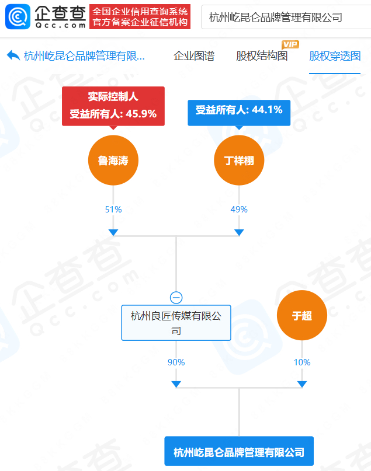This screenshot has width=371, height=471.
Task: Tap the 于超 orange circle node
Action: [302, 316]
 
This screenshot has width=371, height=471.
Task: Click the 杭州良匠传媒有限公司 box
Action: [176, 323]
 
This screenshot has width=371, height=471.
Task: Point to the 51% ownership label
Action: [113, 209]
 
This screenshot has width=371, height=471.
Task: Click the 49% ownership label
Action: [239, 209]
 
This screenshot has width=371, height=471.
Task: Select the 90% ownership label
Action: [176, 362]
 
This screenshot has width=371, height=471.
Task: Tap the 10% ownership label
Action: [302, 362]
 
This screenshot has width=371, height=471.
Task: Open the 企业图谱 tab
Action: [194, 56]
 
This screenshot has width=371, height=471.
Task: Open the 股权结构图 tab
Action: [262, 56]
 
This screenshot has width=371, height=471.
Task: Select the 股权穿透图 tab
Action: [335, 56]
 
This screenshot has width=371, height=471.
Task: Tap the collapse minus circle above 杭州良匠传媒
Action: [176, 296]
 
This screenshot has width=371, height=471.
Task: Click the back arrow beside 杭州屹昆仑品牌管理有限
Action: [13, 55]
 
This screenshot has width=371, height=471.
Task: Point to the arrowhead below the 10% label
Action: [302, 383]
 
